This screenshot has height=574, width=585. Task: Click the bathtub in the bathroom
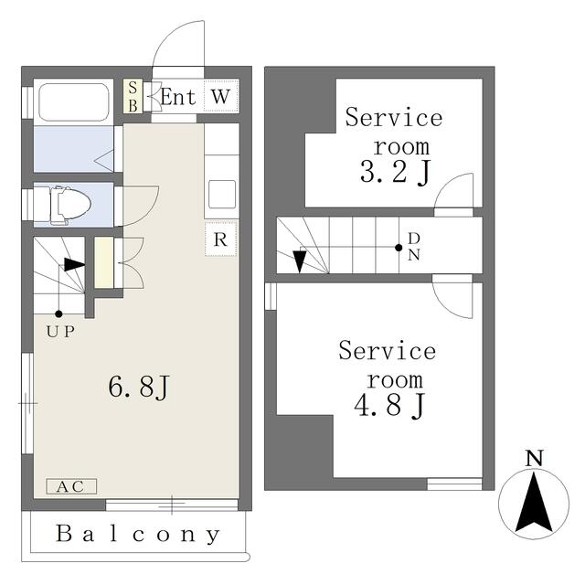pos(74,101)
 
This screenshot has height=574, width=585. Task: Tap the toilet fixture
pos(70,205)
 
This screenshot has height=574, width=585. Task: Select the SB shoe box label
pos(133,96)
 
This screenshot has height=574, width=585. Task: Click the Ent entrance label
pos(178,97)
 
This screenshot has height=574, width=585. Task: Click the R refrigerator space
pos(221,239)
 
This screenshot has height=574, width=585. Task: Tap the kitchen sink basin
pos(222,195)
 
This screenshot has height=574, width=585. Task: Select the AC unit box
pos(71,486)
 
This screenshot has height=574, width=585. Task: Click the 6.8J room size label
pos(139,386)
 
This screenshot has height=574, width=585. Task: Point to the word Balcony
pos(138,534)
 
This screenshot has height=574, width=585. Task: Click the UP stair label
pos(60,331)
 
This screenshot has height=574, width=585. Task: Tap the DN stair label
pos(414,247)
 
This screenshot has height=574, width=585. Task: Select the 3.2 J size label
pos(396,173)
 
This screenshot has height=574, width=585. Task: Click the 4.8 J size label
pos(389,406)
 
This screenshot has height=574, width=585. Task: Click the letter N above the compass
pos(534,459)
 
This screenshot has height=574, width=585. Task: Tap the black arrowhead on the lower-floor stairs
pos(74,264)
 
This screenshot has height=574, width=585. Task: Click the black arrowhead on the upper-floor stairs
pos(300,261)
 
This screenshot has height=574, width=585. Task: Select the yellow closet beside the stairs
pos(103,262)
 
